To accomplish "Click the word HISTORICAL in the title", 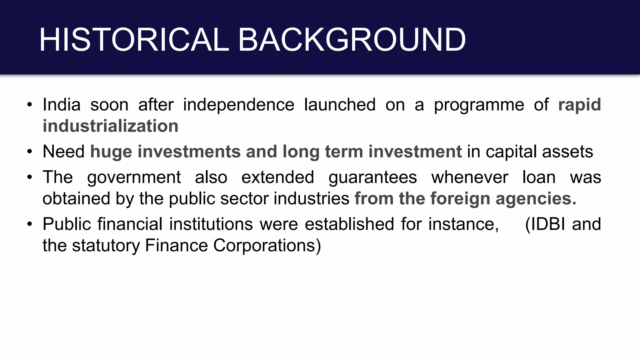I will [134, 40].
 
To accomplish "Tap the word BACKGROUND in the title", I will [352, 40].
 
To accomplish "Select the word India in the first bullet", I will [62, 104].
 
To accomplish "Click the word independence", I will [238, 104].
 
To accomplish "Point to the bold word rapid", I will [579, 104].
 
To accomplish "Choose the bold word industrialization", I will [110, 126].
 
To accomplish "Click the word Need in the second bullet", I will [63, 152].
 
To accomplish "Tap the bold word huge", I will [111, 152].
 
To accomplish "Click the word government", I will [134, 177].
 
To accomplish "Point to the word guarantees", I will [372, 177].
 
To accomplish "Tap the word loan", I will [539, 177].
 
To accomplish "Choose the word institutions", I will [211, 224].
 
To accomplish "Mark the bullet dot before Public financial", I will [30, 224].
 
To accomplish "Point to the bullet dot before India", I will [30, 104].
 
